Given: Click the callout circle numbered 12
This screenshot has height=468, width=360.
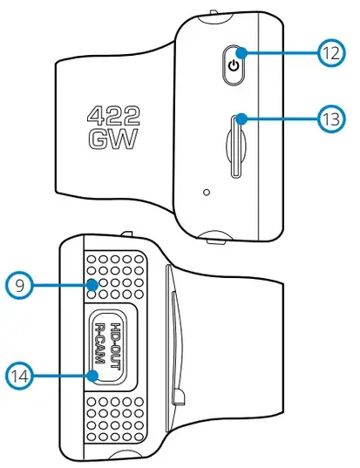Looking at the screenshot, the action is click(x=330, y=53).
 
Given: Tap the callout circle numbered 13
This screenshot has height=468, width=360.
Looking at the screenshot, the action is click(x=330, y=119).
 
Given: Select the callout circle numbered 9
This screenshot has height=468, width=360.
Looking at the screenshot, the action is click(x=19, y=285).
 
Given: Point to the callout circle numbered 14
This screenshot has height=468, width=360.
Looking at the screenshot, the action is click(x=19, y=376).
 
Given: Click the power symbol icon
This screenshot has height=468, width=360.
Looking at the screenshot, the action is click(x=234, y=65).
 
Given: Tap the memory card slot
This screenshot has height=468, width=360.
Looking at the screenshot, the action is click(x=236, y=146).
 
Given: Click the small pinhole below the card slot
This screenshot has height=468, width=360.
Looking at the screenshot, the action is click(x=207, y=193).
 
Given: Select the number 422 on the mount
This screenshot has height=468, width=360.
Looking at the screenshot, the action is click(x=113, y=117).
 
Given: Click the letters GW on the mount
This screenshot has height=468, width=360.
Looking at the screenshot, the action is click(x=113, y=139).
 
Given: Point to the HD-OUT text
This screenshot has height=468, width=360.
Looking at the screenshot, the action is click(x=116, y=346).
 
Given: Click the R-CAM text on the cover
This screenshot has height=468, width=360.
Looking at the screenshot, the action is click(x=99, y=343).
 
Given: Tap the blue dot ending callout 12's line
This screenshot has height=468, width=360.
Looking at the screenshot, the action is click(x=241, y=53).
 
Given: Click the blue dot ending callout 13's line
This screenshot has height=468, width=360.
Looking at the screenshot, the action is click(x=241, y=119).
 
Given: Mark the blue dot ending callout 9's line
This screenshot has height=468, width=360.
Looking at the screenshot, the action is click(x=93, y=285).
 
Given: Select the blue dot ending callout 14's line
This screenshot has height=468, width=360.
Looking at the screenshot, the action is click(x=93, y=376).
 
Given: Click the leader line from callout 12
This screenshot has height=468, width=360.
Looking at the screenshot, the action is click(x=282, y=53).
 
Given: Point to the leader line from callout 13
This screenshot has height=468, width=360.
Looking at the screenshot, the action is click(x=282, y=119).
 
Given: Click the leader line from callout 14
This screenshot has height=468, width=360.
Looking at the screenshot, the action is click(x=61, y=376).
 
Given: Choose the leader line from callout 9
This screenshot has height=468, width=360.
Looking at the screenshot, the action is click(x=61, y=285).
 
